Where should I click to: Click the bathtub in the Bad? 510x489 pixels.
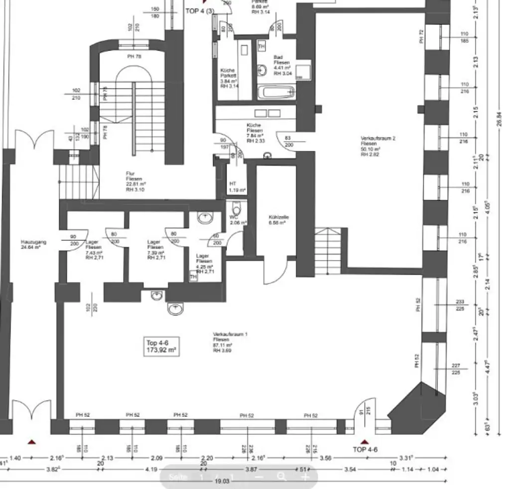276,92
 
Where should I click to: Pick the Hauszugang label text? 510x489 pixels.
33,244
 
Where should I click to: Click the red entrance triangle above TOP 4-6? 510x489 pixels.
365,442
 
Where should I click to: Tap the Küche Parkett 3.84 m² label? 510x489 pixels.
228,78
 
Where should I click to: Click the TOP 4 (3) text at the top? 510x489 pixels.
200,10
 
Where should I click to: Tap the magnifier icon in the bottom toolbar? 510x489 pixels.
281,477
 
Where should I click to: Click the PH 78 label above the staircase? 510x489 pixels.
134,56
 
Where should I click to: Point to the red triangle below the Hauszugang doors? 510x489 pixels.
32,442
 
